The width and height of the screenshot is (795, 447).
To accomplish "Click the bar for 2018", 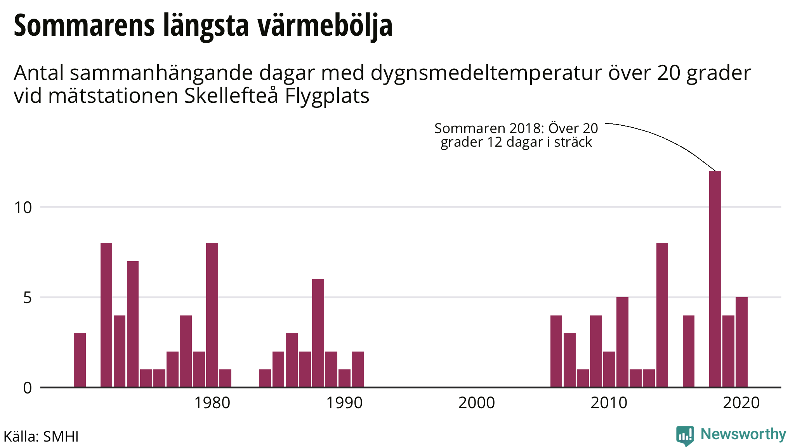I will click(x=715, y=279).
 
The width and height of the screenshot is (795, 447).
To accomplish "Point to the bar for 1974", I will click(x=133, y=324).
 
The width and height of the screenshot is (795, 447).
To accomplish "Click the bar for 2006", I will click(x=556, y=351).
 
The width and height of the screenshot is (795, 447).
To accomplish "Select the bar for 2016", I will click(x=689, y=351).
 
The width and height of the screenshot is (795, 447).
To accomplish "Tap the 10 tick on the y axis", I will click(x=23, y=208).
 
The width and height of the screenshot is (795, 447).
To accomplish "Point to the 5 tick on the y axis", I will click(x=27, y=298).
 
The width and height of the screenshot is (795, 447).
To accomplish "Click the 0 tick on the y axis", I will click(x=27, y=388).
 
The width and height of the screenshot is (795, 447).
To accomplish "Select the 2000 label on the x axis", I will click(x=476, y=403).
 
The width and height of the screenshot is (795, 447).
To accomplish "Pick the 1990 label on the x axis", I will click(x=344, y=403).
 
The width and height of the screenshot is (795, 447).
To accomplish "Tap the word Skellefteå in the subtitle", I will click(x=231, y=96).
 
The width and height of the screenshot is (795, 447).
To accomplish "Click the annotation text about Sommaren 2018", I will click(x=516, y=135).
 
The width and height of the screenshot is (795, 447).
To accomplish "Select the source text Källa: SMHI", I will click(x=41, y=437).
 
